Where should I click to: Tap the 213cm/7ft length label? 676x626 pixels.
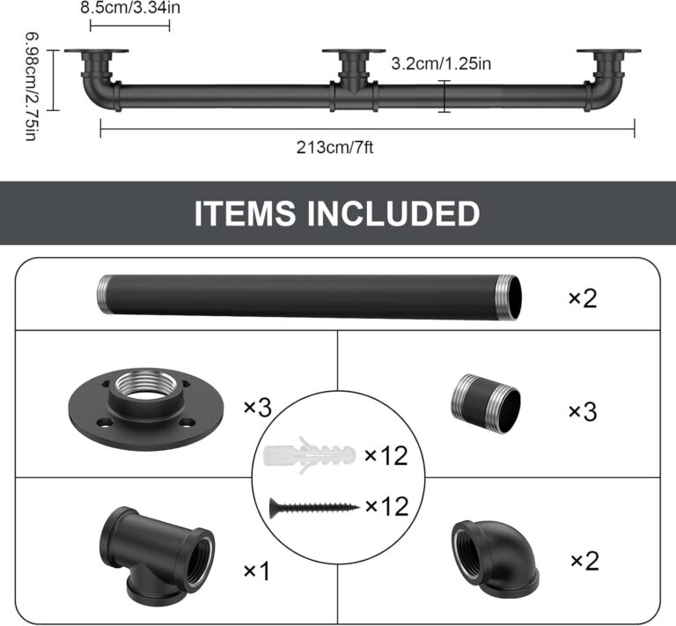[335, 146]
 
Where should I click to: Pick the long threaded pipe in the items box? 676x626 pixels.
[308, 298]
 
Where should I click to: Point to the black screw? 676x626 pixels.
[312, 506]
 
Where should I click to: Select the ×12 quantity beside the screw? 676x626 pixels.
[388, 506]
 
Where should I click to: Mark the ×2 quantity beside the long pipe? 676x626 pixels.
[582, 298]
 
